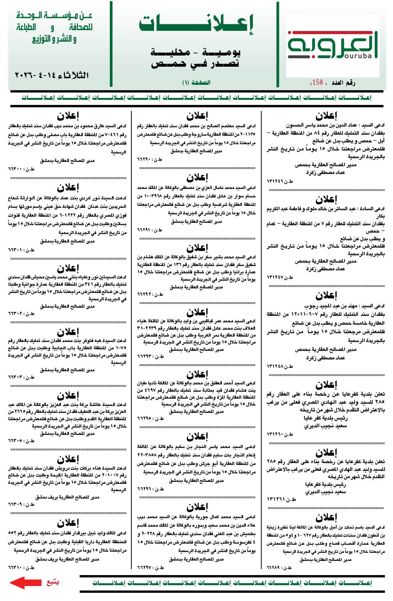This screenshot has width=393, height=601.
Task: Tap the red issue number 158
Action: [x=317, y=82]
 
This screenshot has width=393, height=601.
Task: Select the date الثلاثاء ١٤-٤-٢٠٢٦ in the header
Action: [x=52, y=75]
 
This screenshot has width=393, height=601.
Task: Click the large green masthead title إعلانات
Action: [x=196, y=24]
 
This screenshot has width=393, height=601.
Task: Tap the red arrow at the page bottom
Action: [x=25, y=582]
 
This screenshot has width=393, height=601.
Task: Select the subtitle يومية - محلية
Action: [x=196, y=52]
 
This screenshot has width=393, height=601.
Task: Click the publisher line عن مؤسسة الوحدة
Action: [x=54, y=16]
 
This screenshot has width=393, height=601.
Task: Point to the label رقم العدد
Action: [x=343, y=82]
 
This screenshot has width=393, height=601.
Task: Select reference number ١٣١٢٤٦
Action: [x=274, y=181]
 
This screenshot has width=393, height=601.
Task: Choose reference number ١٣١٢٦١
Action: [x=274, y=499]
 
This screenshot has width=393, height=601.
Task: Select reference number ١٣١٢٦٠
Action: [x=274, y=434]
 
